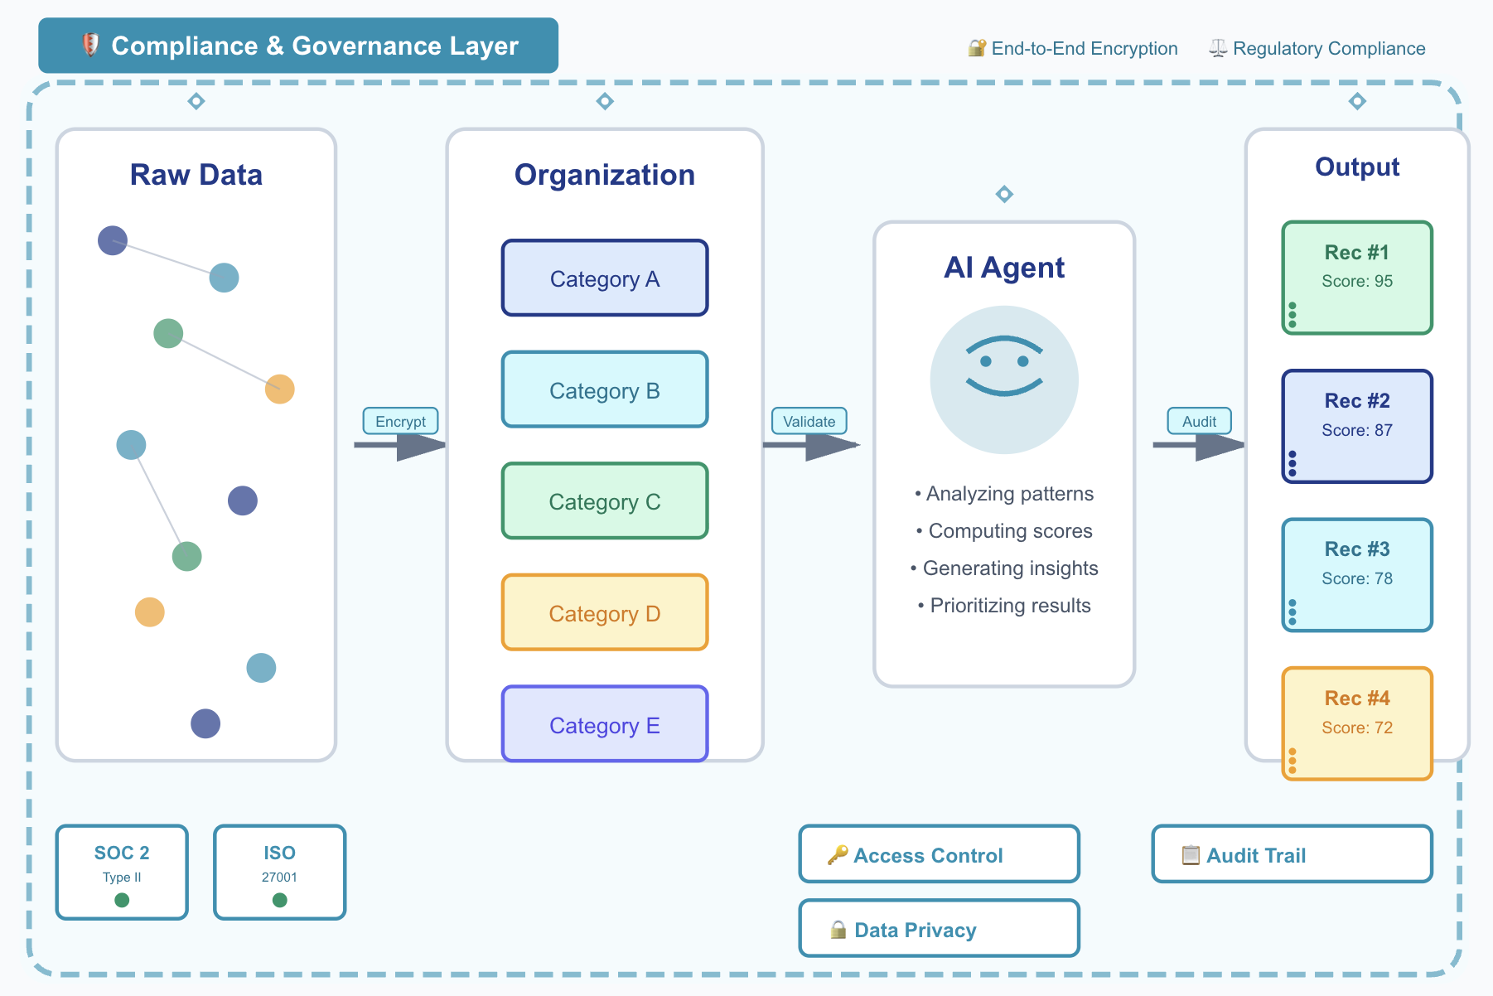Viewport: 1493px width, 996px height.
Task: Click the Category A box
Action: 605,278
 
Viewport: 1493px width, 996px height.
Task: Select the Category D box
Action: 605,613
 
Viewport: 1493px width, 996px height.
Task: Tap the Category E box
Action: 605,724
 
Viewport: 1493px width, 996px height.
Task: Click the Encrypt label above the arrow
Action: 400,421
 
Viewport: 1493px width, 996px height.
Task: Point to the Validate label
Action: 809,421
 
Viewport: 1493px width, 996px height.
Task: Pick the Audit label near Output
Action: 1199,421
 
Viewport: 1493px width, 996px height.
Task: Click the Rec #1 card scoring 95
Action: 1357,278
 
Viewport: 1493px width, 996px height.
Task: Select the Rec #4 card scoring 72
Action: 1357,723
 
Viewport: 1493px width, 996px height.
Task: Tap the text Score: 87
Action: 1357,430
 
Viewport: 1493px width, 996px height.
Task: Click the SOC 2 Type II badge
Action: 122,872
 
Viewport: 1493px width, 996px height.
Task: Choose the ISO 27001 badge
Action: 279,872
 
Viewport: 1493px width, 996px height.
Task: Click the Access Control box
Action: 939,854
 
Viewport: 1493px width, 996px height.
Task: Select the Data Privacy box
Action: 939,929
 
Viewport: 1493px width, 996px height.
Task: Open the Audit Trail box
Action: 1292,854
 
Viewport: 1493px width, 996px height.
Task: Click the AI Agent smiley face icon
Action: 1004,380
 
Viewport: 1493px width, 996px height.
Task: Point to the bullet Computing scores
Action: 1009,530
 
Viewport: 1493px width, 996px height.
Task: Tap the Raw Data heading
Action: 196,175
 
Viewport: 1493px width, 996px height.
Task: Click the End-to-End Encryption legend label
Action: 1084,48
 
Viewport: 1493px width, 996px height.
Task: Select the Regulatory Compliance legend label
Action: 1328,48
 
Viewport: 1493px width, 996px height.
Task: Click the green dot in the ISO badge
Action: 280,900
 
